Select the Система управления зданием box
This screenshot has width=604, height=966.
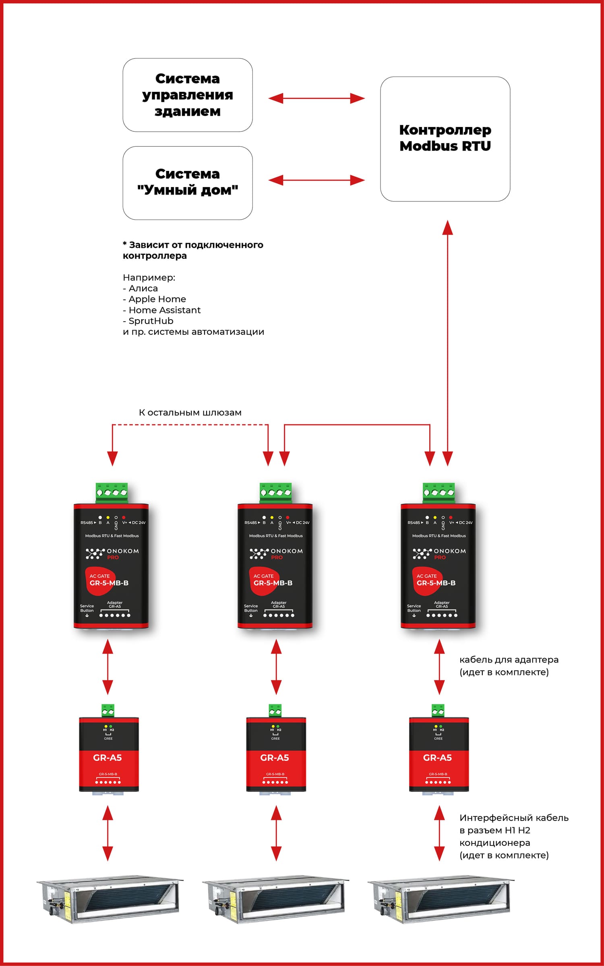pyautogui.click(x=188, y=95)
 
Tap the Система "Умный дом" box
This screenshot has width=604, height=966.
pyautogui.click(x=188, y=183)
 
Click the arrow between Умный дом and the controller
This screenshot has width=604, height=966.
pyautogui.click(x=316, y=180)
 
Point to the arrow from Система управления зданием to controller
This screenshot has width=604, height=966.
pyautogui.click(x=316, y=98)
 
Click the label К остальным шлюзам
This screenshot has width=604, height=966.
pyautogui.click(x=190, y=412)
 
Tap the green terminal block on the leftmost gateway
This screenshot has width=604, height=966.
pyautogui.click(x=112, y=492)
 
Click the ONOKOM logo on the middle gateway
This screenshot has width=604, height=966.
pyautogui.click(x=276, y=553)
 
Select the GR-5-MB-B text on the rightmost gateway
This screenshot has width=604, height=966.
pyautogui.click(x=436, y=583)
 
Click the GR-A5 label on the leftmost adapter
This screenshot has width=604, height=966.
pyautogui.click(x=108, y=758)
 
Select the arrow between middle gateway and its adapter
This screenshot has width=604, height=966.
pyautogui.click(x=276, y=667)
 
